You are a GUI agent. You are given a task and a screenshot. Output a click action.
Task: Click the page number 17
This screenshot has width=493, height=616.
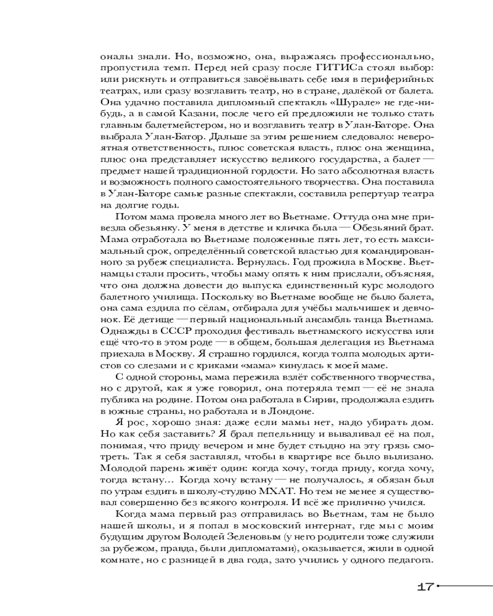(x=425, y=586)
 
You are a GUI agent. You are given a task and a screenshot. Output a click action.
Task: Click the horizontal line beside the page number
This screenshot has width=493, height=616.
(x=465, y=586)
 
